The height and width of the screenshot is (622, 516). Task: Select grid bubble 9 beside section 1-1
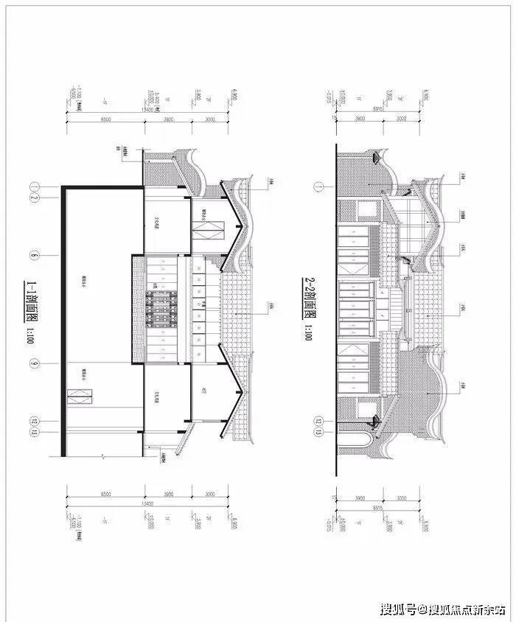(34, 363)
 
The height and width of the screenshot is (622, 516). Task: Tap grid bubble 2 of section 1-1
(34, 198)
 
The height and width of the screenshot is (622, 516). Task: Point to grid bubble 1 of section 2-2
(318, 187)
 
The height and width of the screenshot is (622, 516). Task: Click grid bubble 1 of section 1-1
(34, 186)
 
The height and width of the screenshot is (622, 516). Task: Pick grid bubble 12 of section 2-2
(318, 422)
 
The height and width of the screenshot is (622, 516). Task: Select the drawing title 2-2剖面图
(308, 297)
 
